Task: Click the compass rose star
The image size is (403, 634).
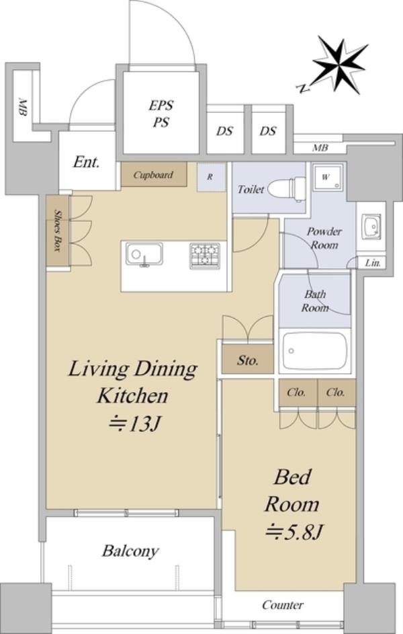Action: tap(340, 65)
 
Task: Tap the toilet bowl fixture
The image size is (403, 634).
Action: tap(286, 189)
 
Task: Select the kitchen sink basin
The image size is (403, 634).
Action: tap(144, 254)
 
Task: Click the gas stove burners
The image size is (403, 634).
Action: tap(205, 255)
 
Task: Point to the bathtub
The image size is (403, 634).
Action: tap(314, 350)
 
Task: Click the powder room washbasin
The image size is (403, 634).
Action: tap(371, 225)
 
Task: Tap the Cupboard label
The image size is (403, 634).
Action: tap(153, 175)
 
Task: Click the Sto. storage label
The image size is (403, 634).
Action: tap(248, 360)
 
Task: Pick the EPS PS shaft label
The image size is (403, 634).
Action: tap(161, 114)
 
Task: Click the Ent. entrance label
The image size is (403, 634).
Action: tap(87, 163)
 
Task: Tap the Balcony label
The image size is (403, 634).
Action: tap(130, 551)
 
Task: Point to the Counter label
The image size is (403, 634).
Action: tap(283, 605)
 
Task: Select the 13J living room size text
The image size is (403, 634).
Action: tap(135, 424)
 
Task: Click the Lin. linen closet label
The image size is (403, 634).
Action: tap(373, 264)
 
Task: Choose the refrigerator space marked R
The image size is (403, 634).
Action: tap(211, 177)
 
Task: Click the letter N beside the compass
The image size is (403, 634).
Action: tap(302, 88)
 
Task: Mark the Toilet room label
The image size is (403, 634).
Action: tap(251, 189)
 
